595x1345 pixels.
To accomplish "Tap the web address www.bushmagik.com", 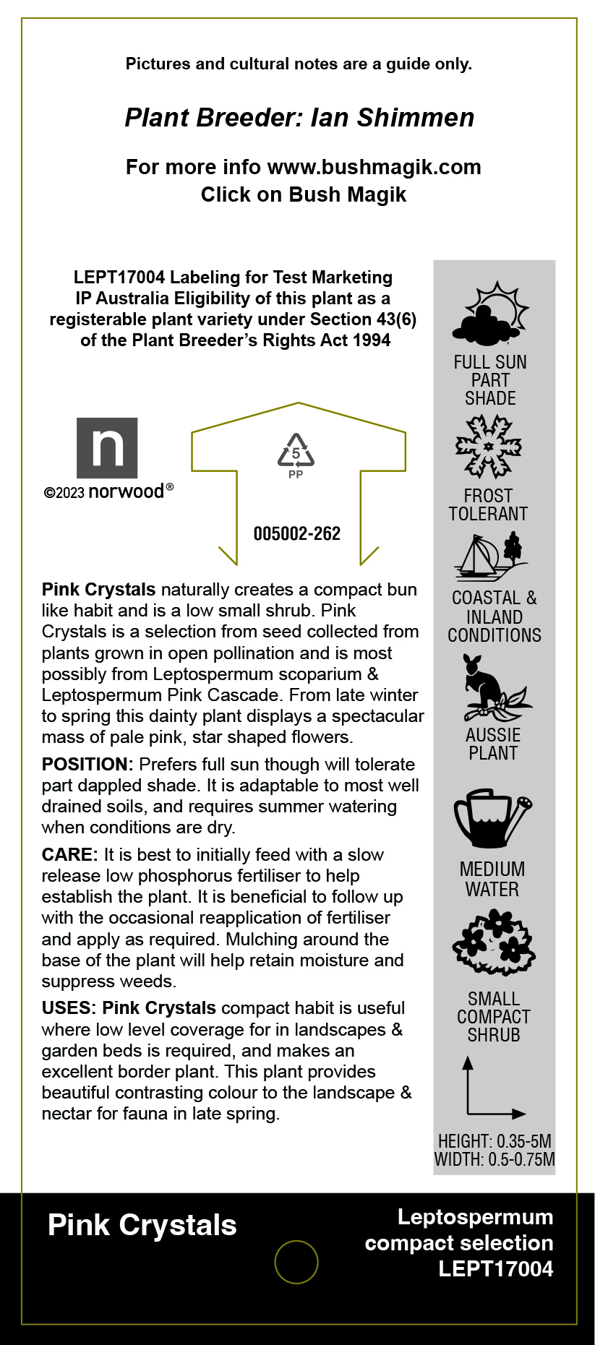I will click(x=374, y=167).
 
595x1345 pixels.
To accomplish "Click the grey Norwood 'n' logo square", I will click(x=107, y=447).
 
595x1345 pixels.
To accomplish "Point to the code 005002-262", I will click(x=296, y=534).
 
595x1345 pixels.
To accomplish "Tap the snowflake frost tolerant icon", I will click(x=489, y=446).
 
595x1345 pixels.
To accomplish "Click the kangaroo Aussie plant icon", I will click(x=494, y=687).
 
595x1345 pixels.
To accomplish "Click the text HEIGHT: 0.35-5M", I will click(x=495, y=1141).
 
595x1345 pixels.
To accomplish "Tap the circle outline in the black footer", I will click(x=296, y=1262).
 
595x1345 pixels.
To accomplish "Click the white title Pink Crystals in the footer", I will click(x=142, y=1226).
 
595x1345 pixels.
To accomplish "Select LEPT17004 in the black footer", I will click(x=496, y=1268).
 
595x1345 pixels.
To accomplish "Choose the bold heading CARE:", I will click(x=69, y=855).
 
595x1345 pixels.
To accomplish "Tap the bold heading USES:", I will click(x=67, y=1008).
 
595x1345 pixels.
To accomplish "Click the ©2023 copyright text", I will click(x=64, y=493).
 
